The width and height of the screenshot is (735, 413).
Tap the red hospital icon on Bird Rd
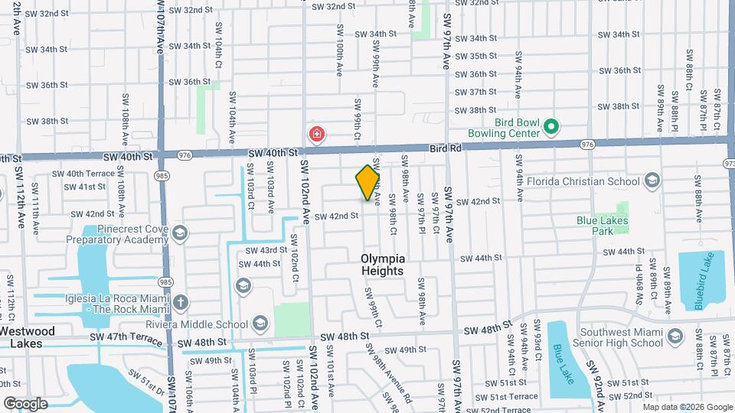pyautogui.click(x=315, y=135)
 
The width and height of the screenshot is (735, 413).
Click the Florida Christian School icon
pyautogui.click(x=652, y=181)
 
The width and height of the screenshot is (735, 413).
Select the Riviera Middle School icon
pyautogui.click(x=260, y=322)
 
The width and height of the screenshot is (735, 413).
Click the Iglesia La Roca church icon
pyautogui.click(x=180, y=303)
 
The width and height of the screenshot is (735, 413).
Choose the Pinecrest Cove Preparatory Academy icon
pyautogui.click(x=180, y=233)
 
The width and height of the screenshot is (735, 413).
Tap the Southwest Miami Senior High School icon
pyautogui.click(x=675, y=337)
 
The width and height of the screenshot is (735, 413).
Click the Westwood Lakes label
pyautogui.click(x=28, y=337)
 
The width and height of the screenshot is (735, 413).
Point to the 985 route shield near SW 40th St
pyautogui.click(x=162, y=176)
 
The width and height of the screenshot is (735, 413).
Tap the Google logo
pyautogui.click(x=25, y=403)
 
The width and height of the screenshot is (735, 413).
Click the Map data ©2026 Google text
pyautogui.click(x=686, y=407)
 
